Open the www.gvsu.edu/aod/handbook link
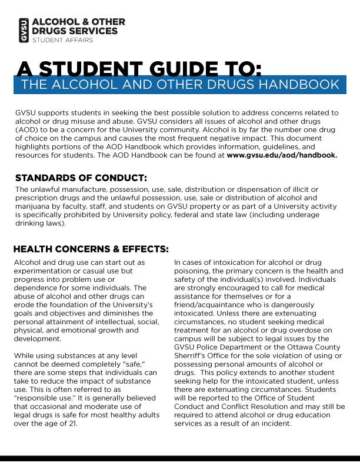(282, 155)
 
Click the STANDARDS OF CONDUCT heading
(81, 178)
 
